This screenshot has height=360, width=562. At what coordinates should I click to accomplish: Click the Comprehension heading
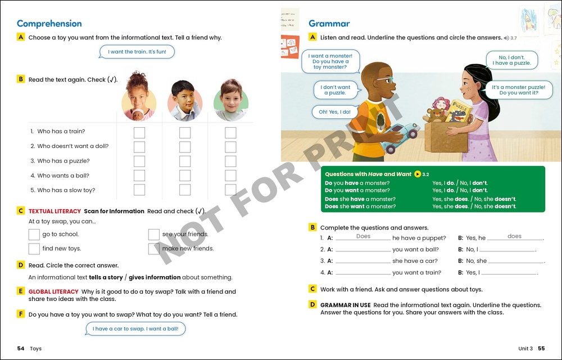pyautogui.click(x=49, y=24)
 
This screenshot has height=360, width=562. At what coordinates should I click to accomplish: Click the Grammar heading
pyautogui.click(x=329, y=24)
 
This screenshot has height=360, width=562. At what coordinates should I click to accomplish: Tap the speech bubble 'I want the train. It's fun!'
pyautogui.click(x=137, y=52)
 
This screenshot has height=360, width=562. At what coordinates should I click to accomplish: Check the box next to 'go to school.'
pyautogui.click(x=34, y=235)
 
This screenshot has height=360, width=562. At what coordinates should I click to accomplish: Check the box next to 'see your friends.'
pyautogui.click(x=154, y=235)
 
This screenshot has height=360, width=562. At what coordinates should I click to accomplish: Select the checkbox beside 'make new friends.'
pyautogui.click(x=154, y=249)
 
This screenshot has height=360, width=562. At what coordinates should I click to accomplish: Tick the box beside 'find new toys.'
pyautogui.click(x=34, y=249)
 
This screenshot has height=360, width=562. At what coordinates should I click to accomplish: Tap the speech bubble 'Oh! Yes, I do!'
pyautogui.click(x=334, y=112)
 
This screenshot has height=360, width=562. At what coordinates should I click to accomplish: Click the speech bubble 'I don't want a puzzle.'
pyautogui.click(x=336, y=90)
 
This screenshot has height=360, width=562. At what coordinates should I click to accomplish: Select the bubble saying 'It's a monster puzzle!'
pyautogui.click(x=518, y=90)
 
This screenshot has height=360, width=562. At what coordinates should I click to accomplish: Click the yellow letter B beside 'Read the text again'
pyautogui.click(x=21, y=79)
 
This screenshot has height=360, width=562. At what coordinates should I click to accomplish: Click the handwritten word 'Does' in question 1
pyautogui.click(x=363, y=236)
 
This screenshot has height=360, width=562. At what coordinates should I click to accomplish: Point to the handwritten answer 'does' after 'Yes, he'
pyautogui.click(x=514, y=236)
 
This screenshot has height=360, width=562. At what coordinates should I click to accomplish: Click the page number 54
pyautogui.click(x=21, y=349)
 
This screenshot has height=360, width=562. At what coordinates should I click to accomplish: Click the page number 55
pyautogui.click(x=541, y=349)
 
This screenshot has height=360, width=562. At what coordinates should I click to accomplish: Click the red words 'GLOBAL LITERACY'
pyautogui.click(x=53, y=292)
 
